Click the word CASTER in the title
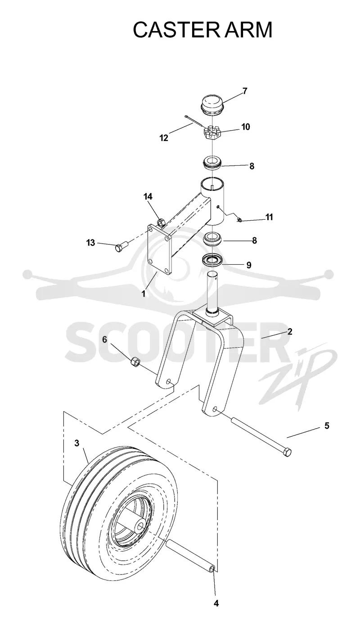click(x=176, y=30)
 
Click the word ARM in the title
click(x=248, y=30)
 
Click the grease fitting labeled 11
click(x=240, y=219)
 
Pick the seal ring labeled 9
click(x=212, y=260)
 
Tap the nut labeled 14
click(x=161, y=222)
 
